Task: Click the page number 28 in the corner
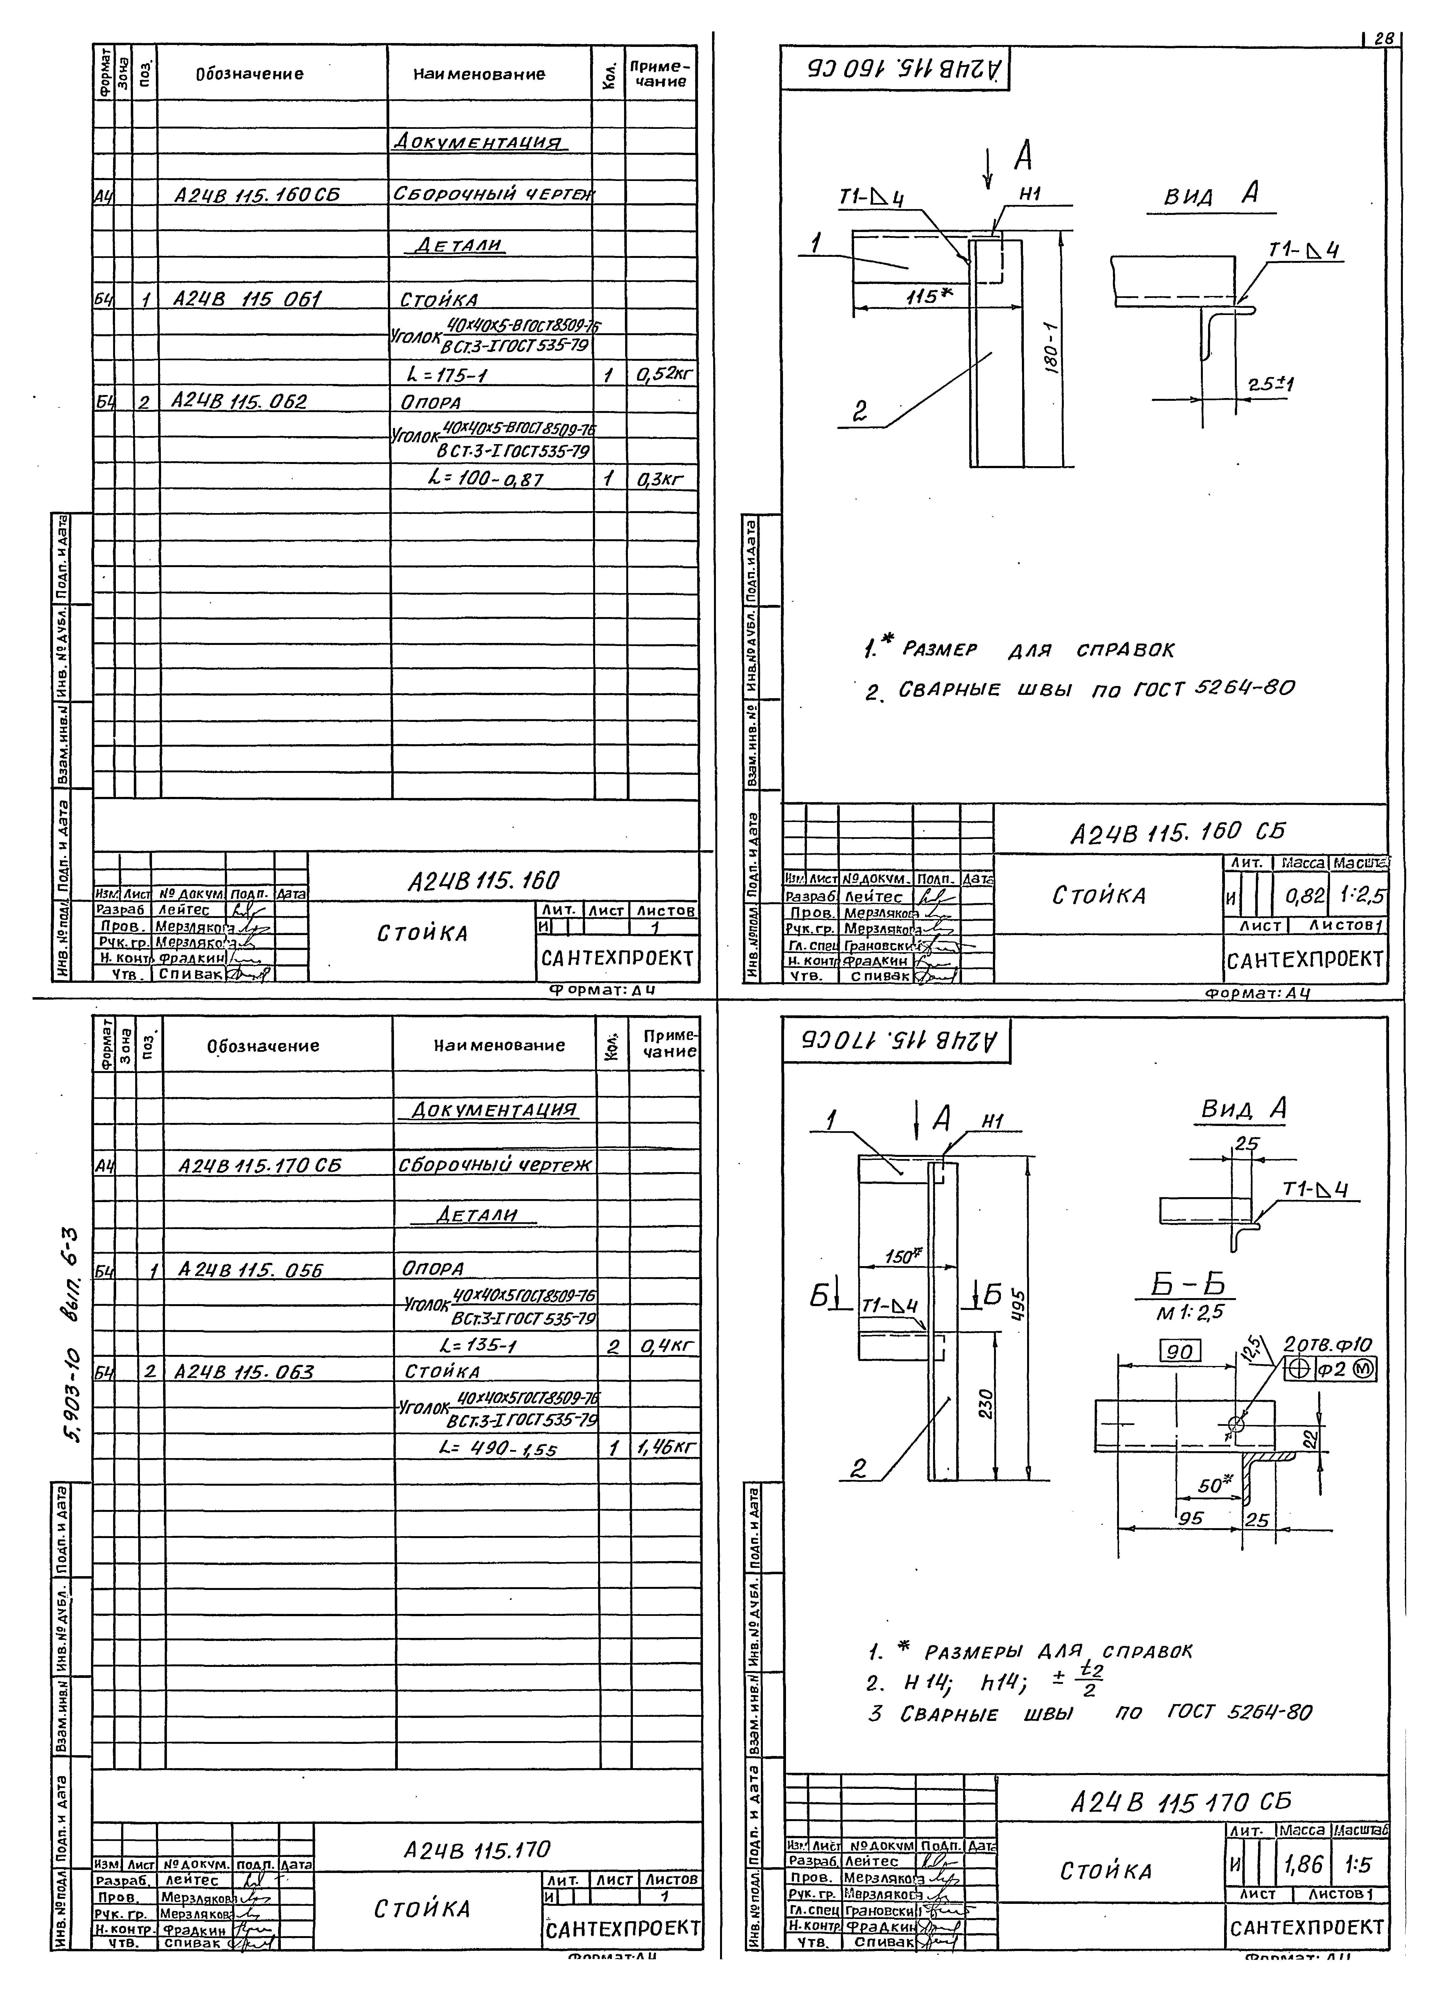pyautogui.click(x=1384, y=39)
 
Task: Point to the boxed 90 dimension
pyautogui.click(x=1181, y=1352)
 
